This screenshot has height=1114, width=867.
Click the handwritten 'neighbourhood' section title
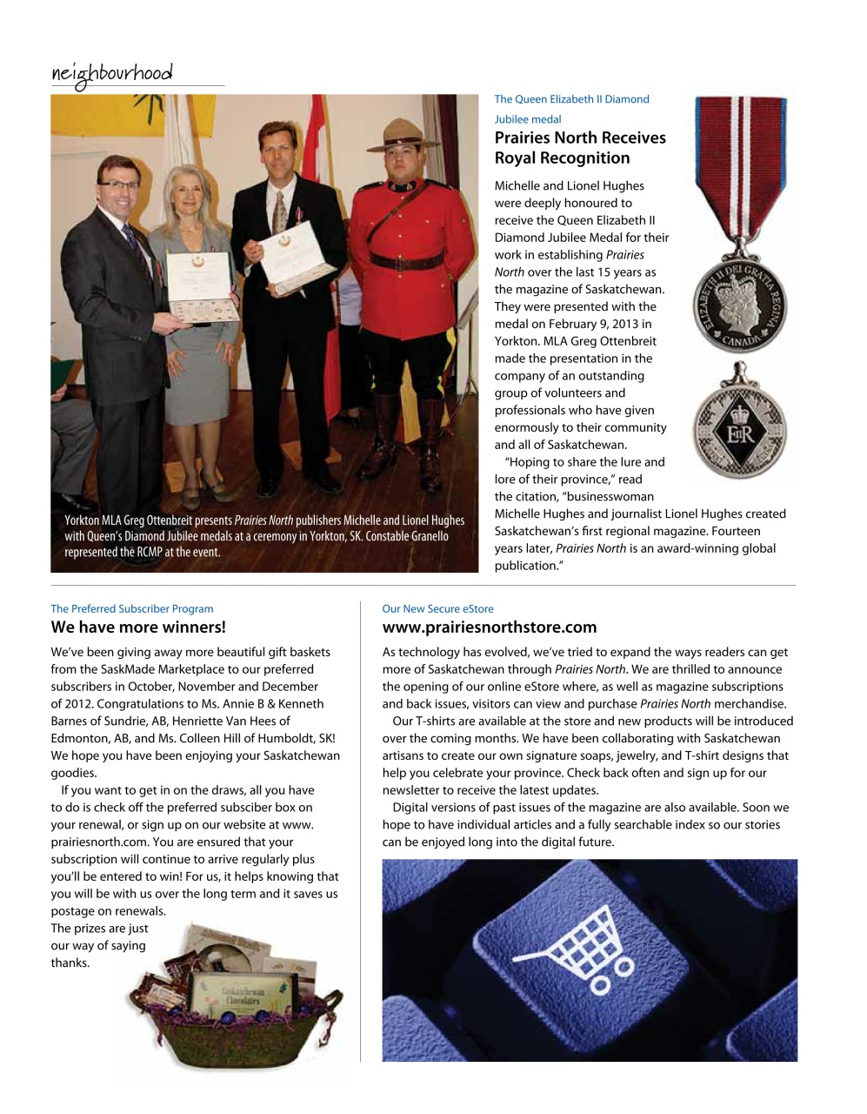point(111,74)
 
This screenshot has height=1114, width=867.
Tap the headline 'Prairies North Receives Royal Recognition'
point(579,148)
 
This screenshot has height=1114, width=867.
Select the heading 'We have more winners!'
point(138,627)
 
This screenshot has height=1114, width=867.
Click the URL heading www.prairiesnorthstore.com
point(490,627)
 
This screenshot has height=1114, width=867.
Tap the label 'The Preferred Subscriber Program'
point(132,608)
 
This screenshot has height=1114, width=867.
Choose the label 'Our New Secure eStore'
point(437,608)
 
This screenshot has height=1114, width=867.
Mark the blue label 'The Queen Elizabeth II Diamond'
point(571,99)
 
